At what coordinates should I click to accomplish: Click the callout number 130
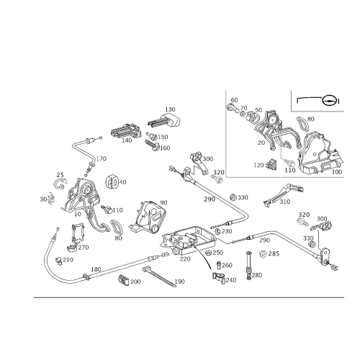tap(170, 109)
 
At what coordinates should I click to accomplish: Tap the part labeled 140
tap(126, 131)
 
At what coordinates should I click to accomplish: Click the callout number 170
tap(102, 158)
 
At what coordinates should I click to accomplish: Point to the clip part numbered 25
tap(60, 184)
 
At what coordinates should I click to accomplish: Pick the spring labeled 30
tap(51, 198)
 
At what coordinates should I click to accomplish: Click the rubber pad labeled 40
tap(112, 182)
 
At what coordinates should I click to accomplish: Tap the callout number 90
tap(164, 202)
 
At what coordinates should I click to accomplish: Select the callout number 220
tap(185, 259)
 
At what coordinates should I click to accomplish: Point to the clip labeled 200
tap(124, 281)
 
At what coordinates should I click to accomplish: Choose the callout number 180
tap(96, 269)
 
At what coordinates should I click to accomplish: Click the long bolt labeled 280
tap(248, 266)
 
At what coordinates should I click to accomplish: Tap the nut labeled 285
tap(263, 253)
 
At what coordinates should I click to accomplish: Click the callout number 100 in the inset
tap(337, 172)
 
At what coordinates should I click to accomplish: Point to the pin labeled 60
tap(233, 107)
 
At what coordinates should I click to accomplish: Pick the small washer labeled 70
tap(243, 114)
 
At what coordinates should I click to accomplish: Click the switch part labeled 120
tap(271, 164)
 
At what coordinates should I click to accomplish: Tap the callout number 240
tap(231, 280)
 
